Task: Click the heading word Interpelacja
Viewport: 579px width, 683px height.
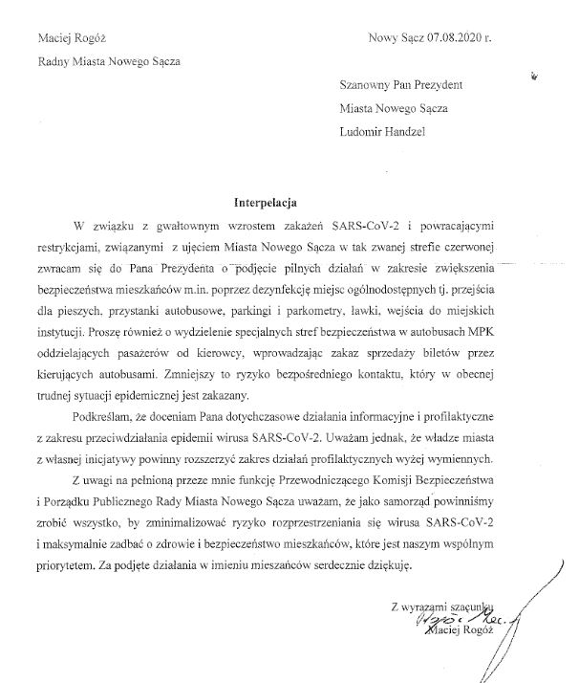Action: click(x=267, y=203)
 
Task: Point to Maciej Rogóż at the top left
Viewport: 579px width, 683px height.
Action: click(x=72, y=38)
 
